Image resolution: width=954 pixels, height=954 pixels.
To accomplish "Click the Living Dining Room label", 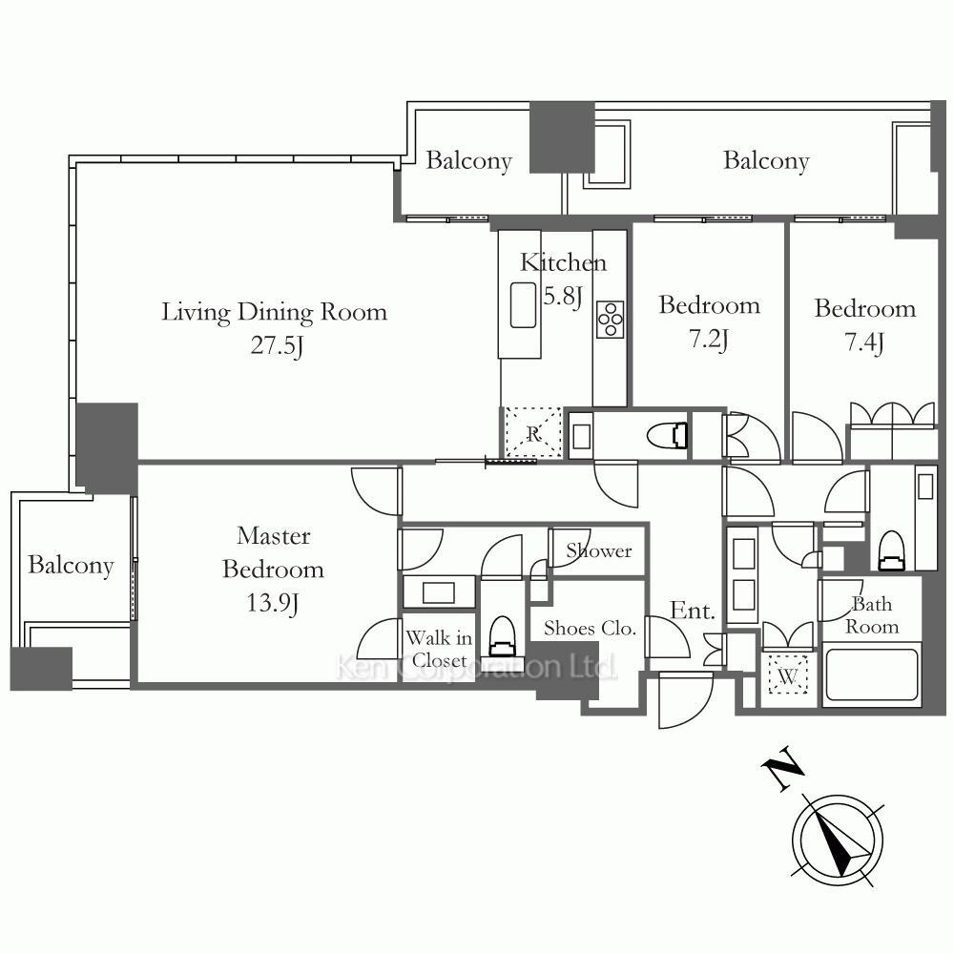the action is (274, 312).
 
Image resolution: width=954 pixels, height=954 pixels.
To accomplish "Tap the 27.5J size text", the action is (277, 345).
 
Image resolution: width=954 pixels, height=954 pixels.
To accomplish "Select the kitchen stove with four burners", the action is (610, 320).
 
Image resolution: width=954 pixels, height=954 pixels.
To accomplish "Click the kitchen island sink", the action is (523, 305).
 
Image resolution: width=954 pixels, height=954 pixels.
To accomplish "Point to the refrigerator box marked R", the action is (533, 433).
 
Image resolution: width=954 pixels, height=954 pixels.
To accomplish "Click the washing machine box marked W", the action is (788, 674).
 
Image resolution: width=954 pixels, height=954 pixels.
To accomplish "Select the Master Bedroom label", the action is (273, 551).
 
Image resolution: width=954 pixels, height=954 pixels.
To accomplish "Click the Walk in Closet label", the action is (439, 649).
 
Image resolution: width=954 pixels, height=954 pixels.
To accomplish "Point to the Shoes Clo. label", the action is (590, 628).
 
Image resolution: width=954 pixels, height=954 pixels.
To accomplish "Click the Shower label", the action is (599, 550).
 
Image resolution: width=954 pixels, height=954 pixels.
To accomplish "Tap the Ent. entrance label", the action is (693, 611).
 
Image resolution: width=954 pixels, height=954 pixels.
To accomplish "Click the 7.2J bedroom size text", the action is (709, 339).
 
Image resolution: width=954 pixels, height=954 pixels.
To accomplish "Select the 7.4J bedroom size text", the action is (864, 342).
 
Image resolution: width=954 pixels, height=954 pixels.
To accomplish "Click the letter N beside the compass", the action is (783, 768).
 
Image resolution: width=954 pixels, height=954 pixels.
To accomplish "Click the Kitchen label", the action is (564, 262).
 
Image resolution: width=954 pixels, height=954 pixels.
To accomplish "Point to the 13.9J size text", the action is (272, 603).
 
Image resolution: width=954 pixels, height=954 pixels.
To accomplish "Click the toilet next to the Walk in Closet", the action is (503, 635).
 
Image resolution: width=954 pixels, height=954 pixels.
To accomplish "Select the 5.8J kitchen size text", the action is (563, 297).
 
